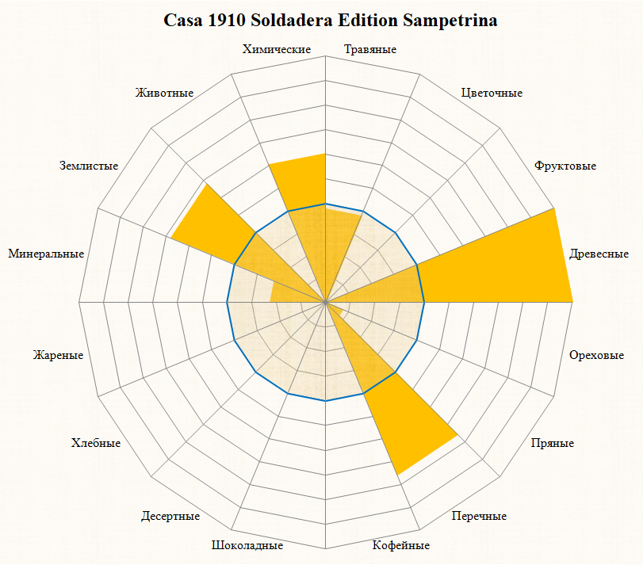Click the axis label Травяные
370,50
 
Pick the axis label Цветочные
492,93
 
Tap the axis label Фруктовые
565,166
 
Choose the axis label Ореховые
597,355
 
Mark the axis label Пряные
553,443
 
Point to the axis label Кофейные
401,545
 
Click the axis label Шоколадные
247,545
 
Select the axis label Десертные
170,517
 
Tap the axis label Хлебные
95,443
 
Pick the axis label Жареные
58,355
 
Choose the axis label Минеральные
46,254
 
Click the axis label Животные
165,93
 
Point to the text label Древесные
599,254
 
